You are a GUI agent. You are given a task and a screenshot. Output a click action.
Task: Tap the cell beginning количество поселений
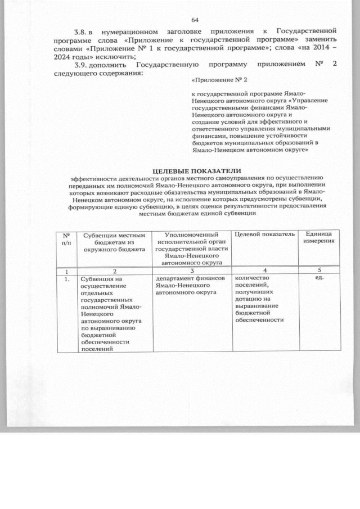[259, 299]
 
